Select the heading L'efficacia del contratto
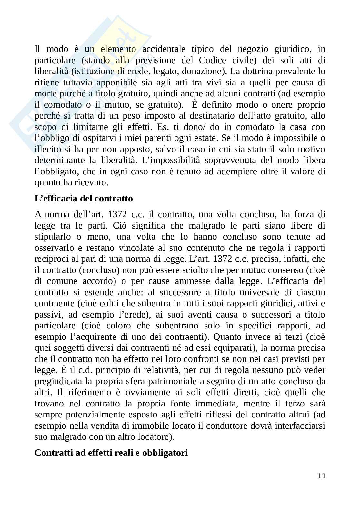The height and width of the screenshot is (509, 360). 84,198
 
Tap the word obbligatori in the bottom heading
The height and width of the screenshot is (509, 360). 165,453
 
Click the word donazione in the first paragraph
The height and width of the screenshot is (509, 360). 202,71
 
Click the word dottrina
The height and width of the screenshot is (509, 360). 263,71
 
